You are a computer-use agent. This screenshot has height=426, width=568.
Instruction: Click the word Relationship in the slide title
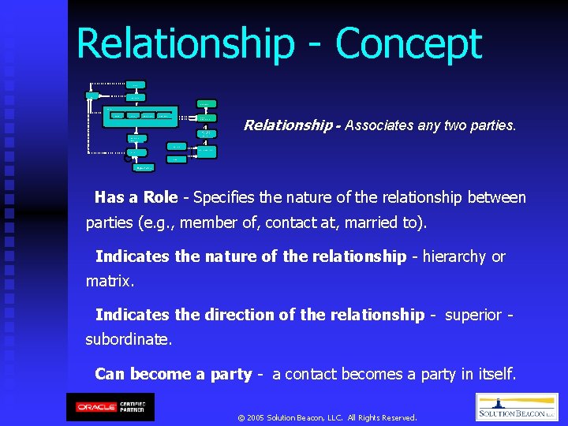tap(184, 45)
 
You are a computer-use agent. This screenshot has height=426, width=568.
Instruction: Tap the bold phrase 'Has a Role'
tap(136, 197)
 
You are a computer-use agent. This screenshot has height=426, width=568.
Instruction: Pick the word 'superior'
tap(473, 315)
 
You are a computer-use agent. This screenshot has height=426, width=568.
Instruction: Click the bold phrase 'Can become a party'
tap(173, 374)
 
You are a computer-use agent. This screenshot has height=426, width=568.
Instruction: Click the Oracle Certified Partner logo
tap(110, 407)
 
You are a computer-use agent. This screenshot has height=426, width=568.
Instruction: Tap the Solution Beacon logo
tap(517, 407)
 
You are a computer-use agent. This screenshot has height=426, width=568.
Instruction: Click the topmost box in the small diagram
tap(136, 84)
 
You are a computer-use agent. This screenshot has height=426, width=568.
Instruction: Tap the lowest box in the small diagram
tap(144, 167)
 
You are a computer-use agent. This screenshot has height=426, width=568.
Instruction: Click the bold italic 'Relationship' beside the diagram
tap(289, 125)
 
